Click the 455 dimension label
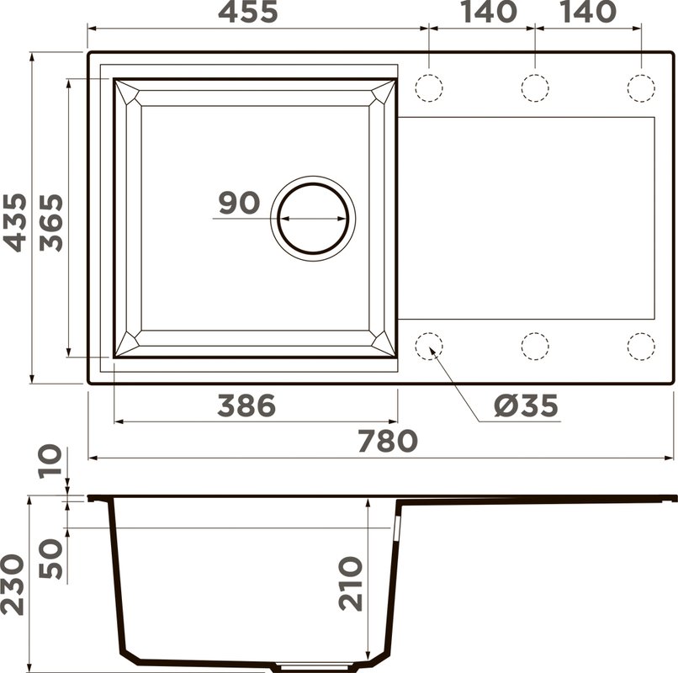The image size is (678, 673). [x=248, y=13]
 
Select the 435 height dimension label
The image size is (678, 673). [x=15, y=223]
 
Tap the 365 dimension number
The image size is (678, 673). [x=51, y=223]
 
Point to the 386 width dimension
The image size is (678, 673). [x=246, y=405]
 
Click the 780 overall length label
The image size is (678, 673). [x=388, y=441]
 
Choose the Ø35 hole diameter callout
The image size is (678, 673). [x=527, y=406]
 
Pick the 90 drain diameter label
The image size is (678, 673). [x=239, y=203]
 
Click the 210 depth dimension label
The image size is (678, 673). [x=351, y=584]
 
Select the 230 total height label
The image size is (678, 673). [x=13, y=585]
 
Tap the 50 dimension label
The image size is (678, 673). [x=51, y=559]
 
